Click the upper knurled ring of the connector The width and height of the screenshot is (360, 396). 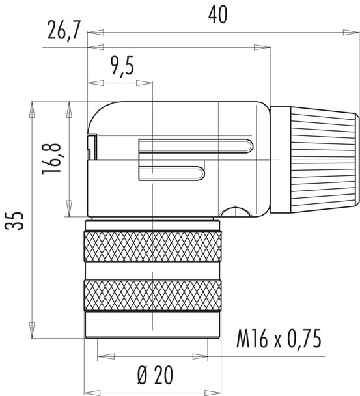click(x=152, y=249)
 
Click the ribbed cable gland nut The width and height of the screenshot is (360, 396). click(x=314, y=160)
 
